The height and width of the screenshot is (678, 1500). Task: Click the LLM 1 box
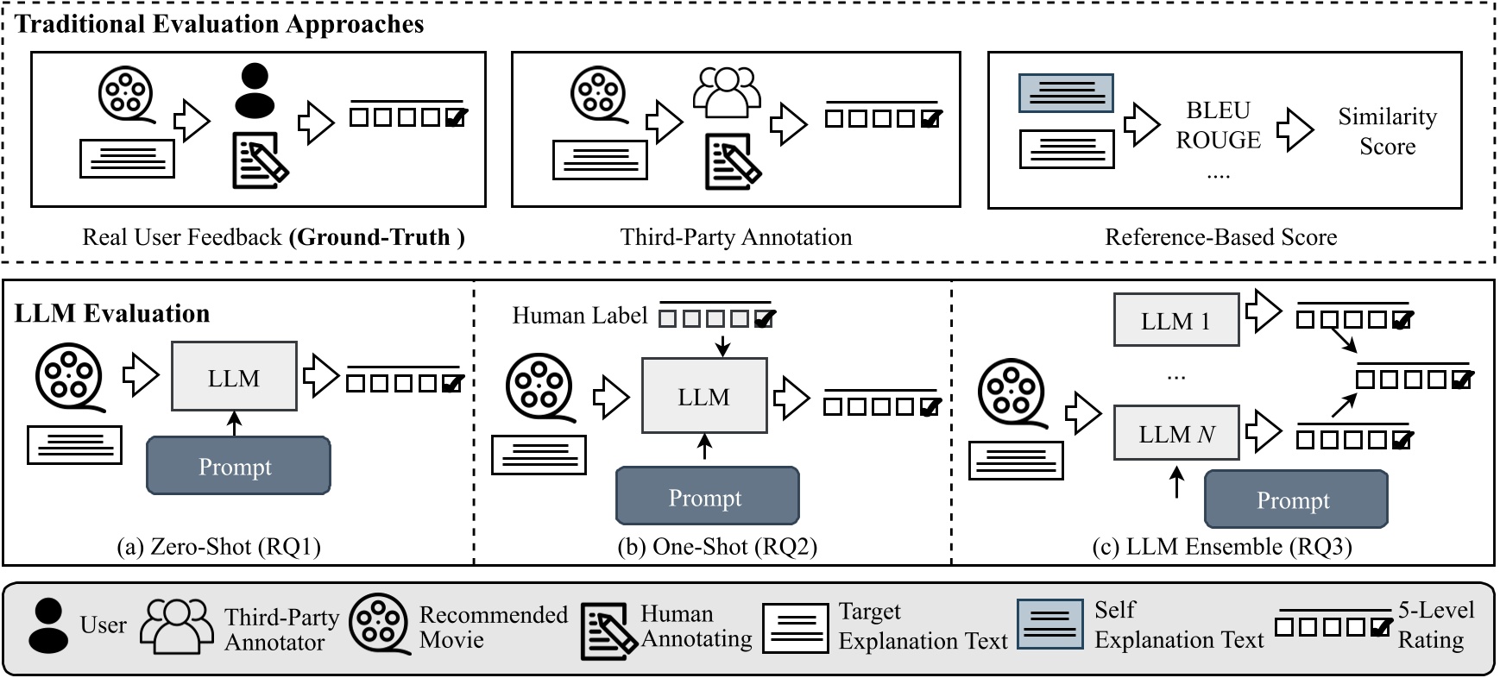[1175, 320]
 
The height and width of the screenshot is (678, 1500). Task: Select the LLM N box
[1175, 433]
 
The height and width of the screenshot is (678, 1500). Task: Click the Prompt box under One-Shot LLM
[707, 497]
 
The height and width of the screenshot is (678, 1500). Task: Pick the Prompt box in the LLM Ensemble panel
[1295, 499]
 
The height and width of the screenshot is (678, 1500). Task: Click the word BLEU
[1218, 110]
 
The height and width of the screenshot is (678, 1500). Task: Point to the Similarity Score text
[1387, 131]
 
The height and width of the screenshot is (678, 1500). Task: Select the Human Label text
[579, 316]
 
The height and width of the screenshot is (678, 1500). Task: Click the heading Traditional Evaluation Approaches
[219, 23]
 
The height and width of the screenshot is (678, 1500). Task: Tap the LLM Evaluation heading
[112, 313]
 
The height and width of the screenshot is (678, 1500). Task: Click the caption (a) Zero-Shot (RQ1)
[218, 547]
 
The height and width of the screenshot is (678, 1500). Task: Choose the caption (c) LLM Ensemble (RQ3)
[1221, 547]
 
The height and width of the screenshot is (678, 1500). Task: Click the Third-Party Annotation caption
[735, 237]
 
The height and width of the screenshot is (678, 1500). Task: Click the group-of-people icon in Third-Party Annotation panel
[727, 91]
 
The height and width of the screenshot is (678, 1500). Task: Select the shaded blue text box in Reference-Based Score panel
[1066, 92]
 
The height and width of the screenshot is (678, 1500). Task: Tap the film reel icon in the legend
[379, 625]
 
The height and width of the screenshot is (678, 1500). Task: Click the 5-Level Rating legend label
[1435, 625]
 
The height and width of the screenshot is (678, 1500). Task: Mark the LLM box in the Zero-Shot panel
[234, 377]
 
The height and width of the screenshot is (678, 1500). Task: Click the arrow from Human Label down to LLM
[722, 343]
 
